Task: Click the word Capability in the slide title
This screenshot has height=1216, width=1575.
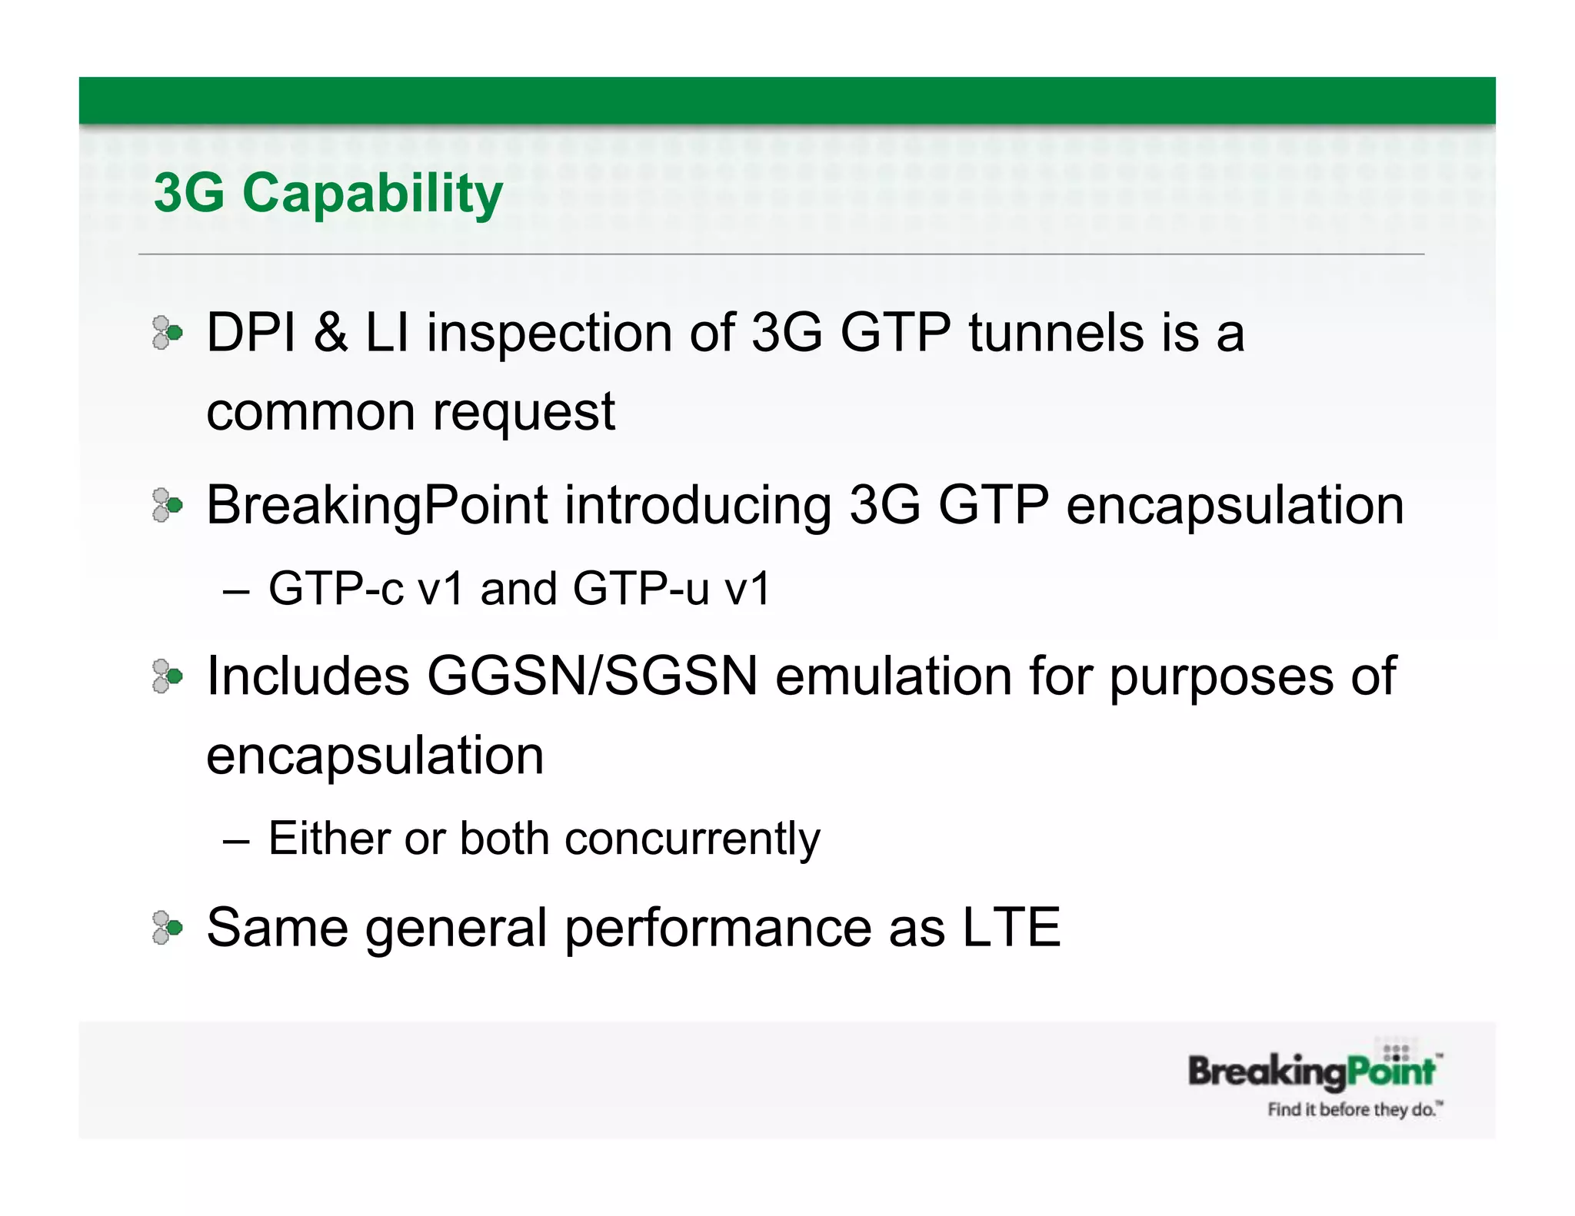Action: pyautogui.click(x=372, y=194)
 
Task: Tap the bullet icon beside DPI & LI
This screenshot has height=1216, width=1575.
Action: pyautogui.click(x=167, y=334)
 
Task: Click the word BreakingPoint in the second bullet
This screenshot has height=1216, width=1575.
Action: pyautogui.click(x=377, y=507)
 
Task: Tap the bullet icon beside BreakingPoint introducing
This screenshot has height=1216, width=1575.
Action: pyautogui.click(x=167, y=506)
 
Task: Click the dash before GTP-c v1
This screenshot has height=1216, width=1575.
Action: pyautogui.click(x=235, y=593)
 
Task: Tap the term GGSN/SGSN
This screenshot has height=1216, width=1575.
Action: pyautogui.click(x=592, y=677)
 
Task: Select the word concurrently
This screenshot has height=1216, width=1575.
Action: pyautogui.click(x=692, y=839)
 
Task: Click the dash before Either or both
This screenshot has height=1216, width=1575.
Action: pyautogui.click(x=235, y=842)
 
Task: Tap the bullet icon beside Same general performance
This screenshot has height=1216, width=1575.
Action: pyautogui.click(x=167, y=928)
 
